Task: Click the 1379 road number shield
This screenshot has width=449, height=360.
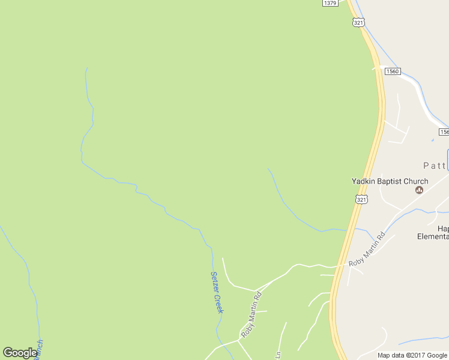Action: coord(330,3)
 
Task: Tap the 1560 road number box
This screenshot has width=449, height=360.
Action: coord(393,71)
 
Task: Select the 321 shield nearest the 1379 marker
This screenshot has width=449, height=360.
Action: coord(358,22)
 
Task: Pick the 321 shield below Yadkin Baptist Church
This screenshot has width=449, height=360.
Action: coord(361,199)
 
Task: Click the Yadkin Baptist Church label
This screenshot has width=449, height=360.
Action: coord(390,181)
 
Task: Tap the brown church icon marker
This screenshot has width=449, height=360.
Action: coord(420,190)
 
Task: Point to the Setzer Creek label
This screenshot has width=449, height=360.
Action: coord(217,292)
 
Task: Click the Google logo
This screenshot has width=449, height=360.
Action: coord(20,353)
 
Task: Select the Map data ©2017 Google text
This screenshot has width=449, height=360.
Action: coord(412,355)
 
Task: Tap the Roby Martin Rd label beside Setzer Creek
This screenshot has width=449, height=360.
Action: coord(252,314)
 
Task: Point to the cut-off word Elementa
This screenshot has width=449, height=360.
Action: coord(433,236)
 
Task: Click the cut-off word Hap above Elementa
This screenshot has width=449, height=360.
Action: coord(442,229)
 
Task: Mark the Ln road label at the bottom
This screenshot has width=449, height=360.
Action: coord(278,355)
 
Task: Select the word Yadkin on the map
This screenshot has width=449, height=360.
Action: coord(363,181)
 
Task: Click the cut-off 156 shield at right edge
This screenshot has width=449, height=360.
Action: coord(444,132)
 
